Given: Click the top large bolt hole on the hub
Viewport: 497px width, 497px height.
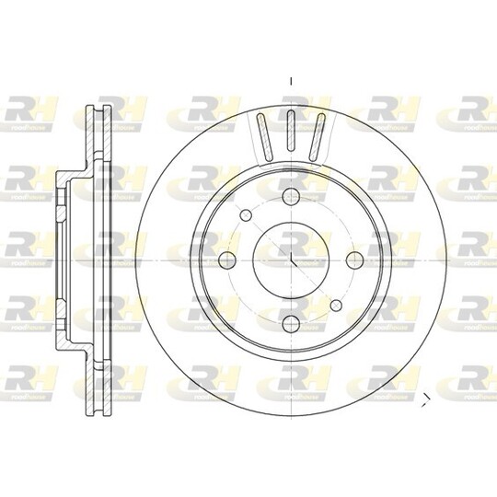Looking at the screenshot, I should pyautogui.click(x=291, y=195).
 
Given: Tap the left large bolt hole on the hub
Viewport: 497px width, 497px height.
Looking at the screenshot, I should pyautogui.click(x=227, y=259).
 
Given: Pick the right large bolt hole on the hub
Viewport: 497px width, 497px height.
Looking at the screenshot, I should pyautogui.click(x=354, y=259).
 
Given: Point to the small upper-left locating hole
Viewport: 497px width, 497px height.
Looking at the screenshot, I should pyautogui.click(x=247, y=214).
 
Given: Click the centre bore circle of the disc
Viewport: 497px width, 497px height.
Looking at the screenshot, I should pyautogui.click(x=291, y=259).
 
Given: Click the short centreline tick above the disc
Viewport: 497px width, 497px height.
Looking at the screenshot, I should pyautogui.click(x=291, y=81).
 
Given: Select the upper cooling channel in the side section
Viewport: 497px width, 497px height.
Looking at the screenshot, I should pyautogui.click(x=98, y=138).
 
